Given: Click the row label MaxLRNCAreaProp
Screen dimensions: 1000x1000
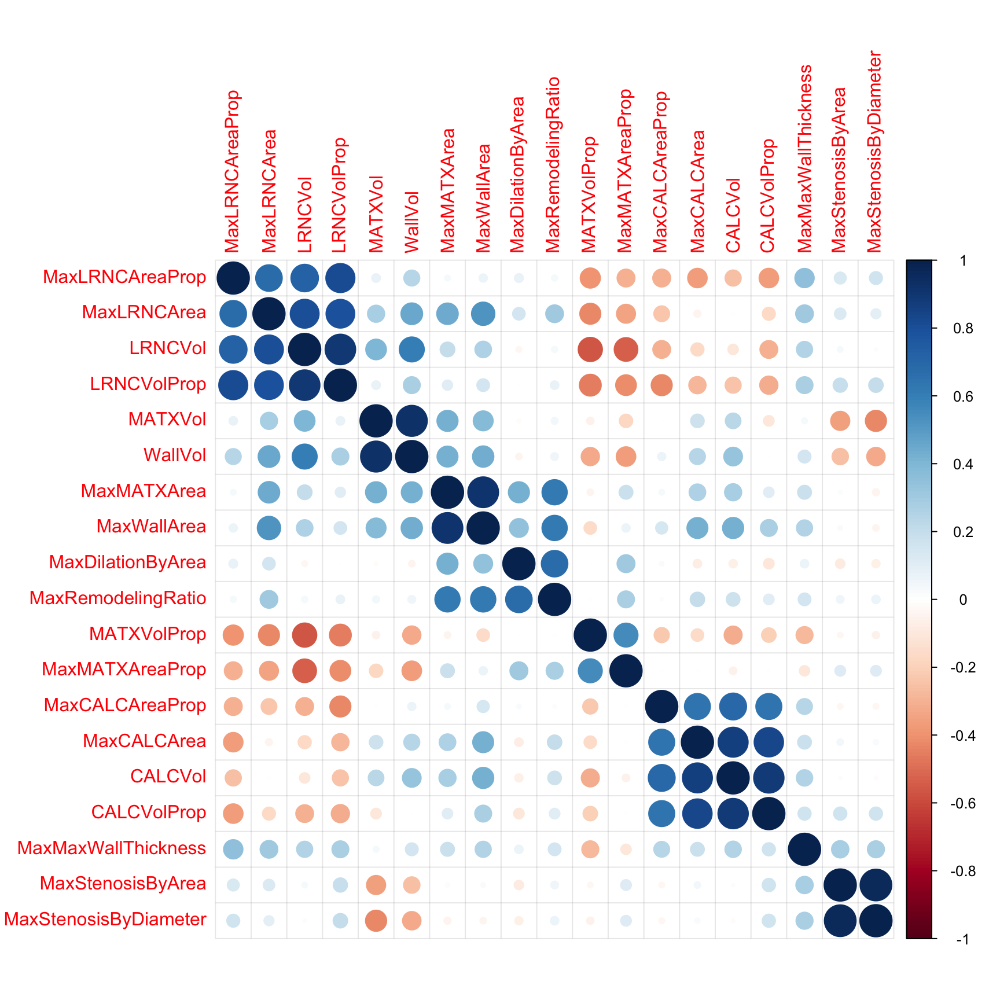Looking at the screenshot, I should click(x=124, y=277).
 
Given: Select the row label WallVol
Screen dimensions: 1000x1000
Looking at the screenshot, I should click(x=175, y=455).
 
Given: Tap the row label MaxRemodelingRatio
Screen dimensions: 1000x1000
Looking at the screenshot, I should click(x=117, y=598).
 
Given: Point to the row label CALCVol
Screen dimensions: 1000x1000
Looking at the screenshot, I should click(x=168, y=777).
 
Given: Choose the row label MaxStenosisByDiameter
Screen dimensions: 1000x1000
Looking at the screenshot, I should click(x=105, y=920).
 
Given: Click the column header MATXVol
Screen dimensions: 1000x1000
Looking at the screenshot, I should click(x=376, y=214).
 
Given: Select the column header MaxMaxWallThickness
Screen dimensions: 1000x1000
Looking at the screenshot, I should click(x=804, y=159).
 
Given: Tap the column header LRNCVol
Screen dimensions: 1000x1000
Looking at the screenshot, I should click(x=304, y=215).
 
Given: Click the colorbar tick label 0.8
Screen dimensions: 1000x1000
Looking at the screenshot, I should click(x=963, y=329).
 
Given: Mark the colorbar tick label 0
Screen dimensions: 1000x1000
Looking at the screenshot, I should click(x=963, y=600).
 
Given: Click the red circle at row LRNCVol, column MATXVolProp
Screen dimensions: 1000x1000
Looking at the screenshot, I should click(x=590, y=350).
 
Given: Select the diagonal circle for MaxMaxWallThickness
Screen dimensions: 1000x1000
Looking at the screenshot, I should click(x=804, y=850).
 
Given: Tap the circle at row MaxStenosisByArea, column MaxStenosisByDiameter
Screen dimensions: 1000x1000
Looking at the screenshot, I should click(x=876, y=885).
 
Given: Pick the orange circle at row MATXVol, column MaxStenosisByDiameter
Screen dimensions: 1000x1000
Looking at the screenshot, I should click(x=876, y=421).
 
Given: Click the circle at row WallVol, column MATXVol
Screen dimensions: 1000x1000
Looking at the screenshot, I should click(x=376, y=457).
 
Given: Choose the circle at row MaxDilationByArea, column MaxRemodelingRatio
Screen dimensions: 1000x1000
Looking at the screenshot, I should click(x=554, y=564).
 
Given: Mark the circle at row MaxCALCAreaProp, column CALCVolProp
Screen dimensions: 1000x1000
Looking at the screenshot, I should click(x=769, y=707).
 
